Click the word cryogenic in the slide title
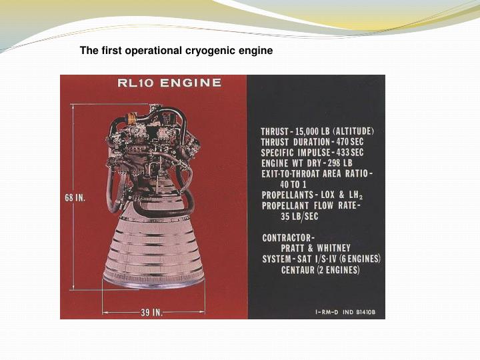pyautogui.click(x=203, y=51)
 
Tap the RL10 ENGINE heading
pyautogui.click(x=169, y=83)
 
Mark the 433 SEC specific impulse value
pyautogui.click(x=357, y=152)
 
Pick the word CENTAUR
pyautogui.click(x=303, y=270)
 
